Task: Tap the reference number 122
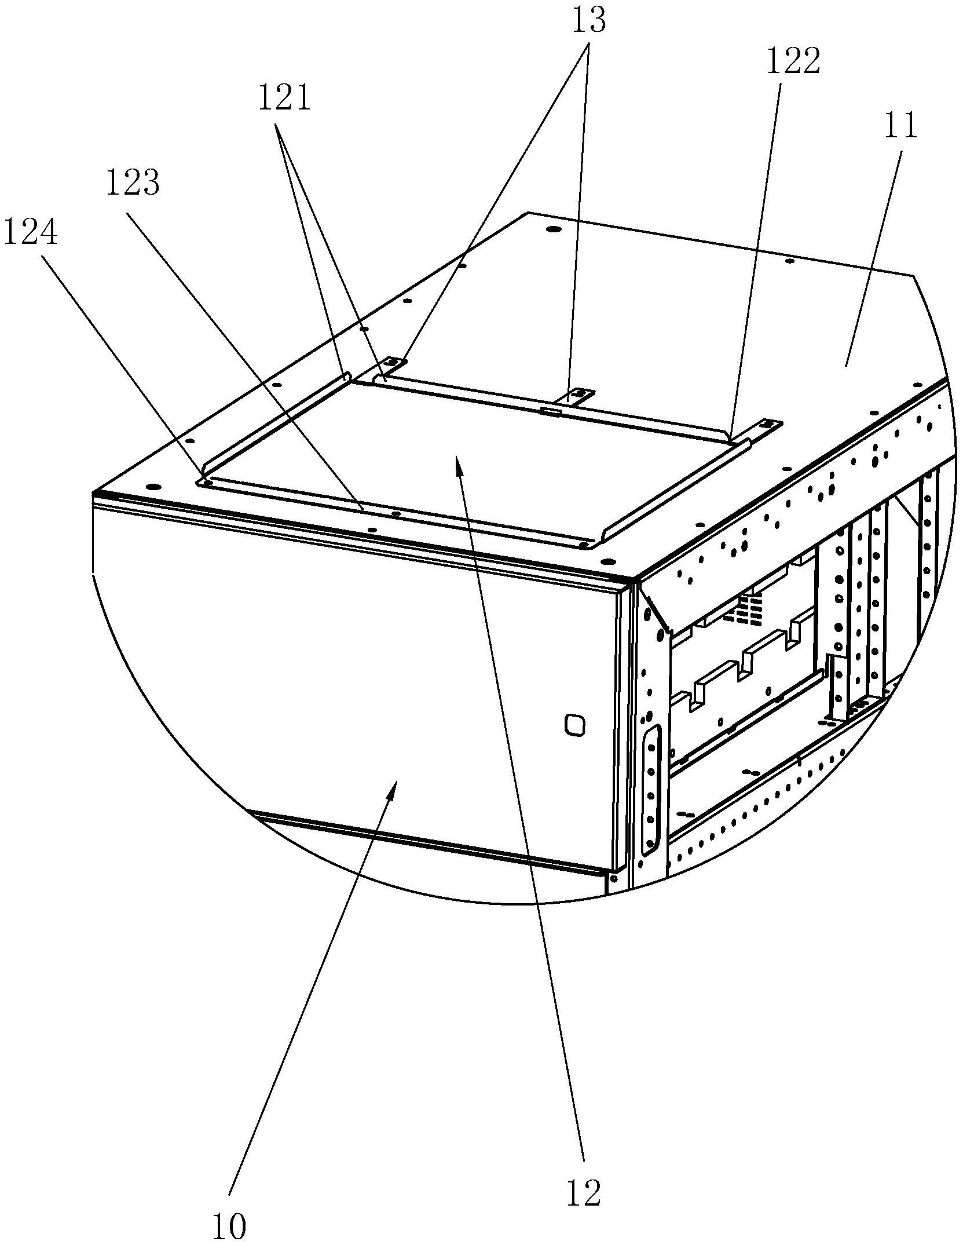(793, 61)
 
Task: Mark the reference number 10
(229, 1225)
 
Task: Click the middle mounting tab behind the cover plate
(578, 396)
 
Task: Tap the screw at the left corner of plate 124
(207, 481)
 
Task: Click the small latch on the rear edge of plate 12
(550, 412)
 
